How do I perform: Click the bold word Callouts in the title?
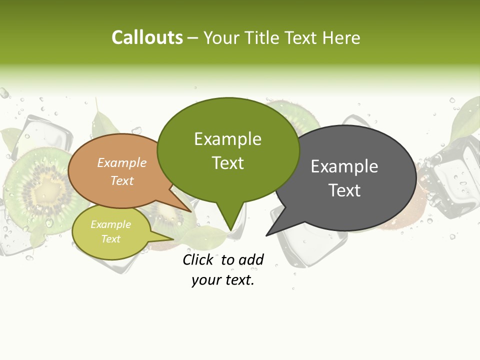[147, 37]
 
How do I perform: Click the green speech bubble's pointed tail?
[229, 220]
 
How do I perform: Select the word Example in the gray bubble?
[344, 166]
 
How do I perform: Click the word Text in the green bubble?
[228, 163]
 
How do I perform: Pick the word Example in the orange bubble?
[122, 163]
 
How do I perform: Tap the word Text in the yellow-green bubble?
[111, 239]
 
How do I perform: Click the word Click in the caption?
[198, 259]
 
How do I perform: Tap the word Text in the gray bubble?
[345, 190]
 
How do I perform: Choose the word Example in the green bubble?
[228, 139]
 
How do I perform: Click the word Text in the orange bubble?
[122, 180]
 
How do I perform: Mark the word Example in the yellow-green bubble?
[111, 224]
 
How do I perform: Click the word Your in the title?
[220, 37]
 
